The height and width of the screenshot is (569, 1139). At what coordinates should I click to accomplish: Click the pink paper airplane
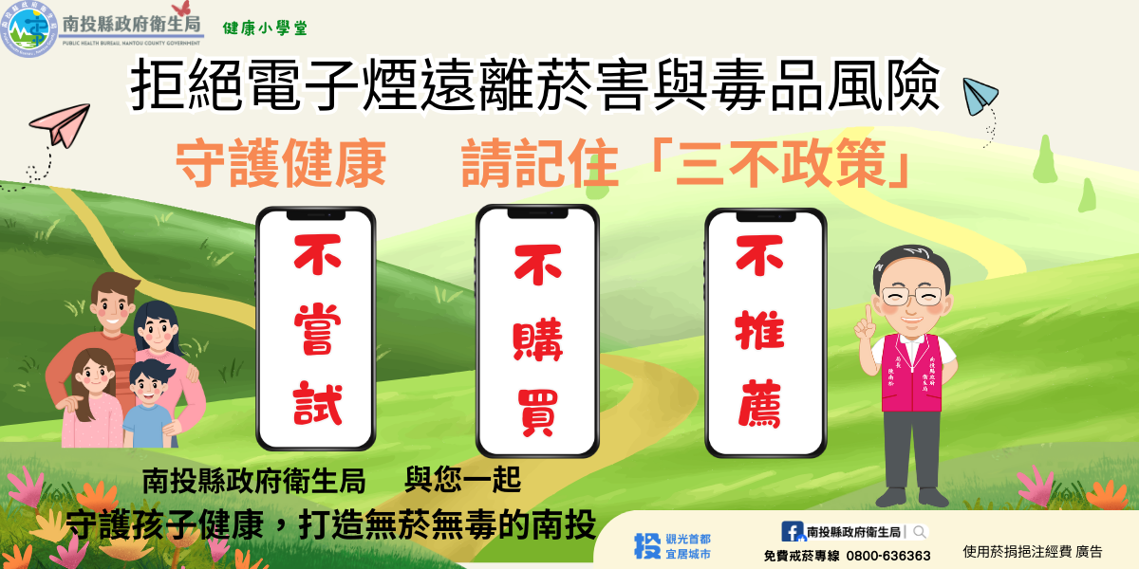(60, 127)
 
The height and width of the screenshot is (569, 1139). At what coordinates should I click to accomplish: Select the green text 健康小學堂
(264, 28)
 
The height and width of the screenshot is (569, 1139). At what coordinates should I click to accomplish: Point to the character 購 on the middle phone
(536, 339)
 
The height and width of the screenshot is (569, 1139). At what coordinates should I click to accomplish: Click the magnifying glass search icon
(920, 532)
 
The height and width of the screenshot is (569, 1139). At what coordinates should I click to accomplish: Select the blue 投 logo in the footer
(646, 545)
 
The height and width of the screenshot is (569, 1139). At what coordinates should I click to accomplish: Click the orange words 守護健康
(281, 165)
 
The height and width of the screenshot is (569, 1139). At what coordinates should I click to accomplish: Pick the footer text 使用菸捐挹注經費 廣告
(1033, 551)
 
